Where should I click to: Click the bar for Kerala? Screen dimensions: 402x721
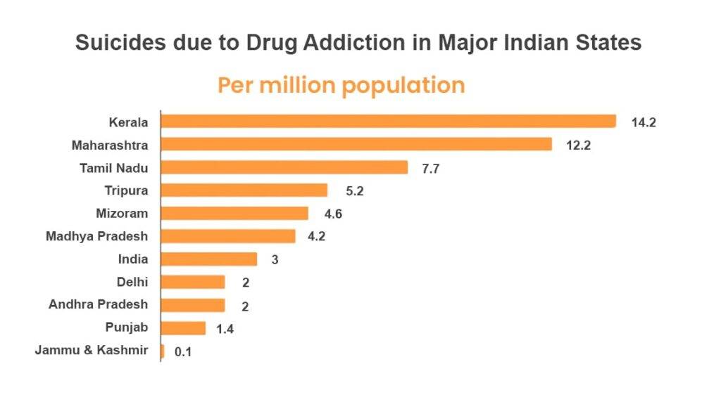point(388,122)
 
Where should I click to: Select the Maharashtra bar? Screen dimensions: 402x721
point(356,144)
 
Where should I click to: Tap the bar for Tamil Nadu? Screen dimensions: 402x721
point(284,167)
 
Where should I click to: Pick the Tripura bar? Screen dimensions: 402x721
point(244,190)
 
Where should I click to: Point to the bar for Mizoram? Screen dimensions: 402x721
point(234,213)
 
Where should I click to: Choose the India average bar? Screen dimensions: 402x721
point(209,259)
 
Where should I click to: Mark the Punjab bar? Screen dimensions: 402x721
point(183,328)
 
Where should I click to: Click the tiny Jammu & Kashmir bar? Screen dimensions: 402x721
point(163,351)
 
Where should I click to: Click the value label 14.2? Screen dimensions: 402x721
point(644,122)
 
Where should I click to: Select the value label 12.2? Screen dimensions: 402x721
point(579,145)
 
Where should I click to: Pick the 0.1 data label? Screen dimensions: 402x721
point(182,351)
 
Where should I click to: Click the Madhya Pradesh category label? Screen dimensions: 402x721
point(97,235)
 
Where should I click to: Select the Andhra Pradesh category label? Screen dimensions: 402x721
point(99,304)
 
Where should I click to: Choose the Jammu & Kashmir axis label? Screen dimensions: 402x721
point(92,350)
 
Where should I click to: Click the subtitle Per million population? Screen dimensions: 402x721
point(341,85)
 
